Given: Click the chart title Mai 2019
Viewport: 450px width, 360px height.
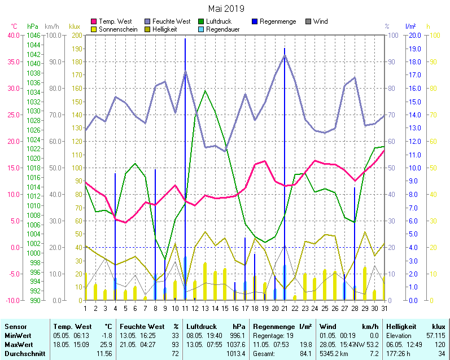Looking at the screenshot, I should [x=226, y=8].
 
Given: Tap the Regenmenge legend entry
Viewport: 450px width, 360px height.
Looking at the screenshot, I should [x=276, y=21].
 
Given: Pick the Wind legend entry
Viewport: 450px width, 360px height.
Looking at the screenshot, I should [x=320, y=21].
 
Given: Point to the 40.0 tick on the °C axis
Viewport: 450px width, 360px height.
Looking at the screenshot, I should [x=13, y=35].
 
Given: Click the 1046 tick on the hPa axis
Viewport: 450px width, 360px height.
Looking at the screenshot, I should [x=33, y=35].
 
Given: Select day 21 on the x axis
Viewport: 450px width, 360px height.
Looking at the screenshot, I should [x=285, y=308].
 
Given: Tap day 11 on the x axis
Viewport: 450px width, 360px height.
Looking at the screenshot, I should [x=185, y=308].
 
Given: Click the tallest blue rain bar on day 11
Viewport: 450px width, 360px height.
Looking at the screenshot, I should [x=185, y=169].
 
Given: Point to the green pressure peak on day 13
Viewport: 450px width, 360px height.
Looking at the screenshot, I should [x=205, y=90].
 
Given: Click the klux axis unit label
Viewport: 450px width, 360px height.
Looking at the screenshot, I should [x=74, y=27].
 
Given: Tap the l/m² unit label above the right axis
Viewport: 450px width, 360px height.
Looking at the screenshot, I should [x=410, y=27].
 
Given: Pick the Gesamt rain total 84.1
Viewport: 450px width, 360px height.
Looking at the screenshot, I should [x=305, y=353].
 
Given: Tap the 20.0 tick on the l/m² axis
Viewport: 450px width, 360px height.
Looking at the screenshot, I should [x=414, y=35].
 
